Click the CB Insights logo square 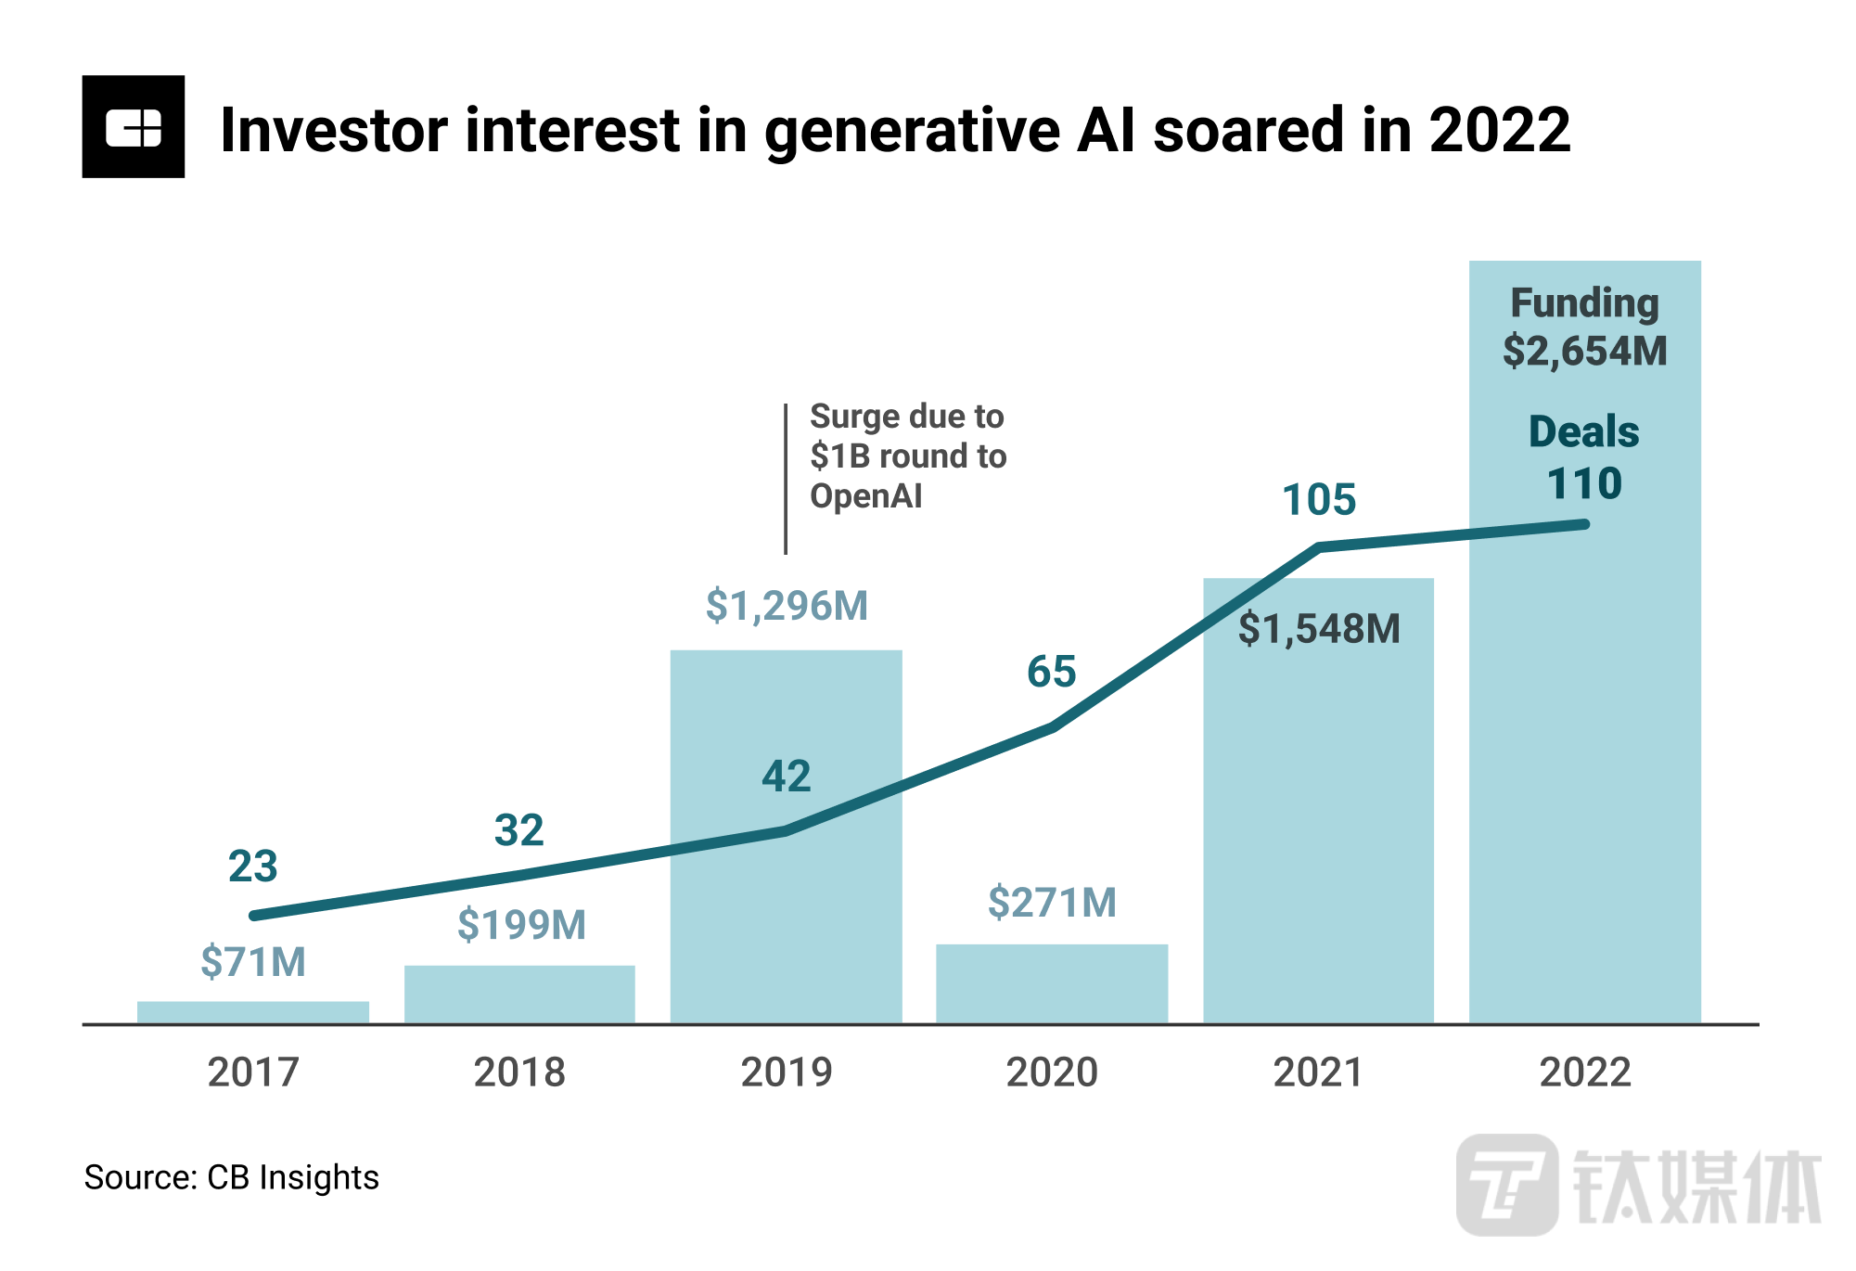(133, 126)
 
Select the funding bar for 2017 (252, 1012)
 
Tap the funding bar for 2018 (519, 995)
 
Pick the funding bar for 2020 (1051, 983)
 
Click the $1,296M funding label (787, 606)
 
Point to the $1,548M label (1319, 629)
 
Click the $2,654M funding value (1584, 351)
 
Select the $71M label (252, 962)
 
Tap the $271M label (1052, 903)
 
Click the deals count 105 (1318, 500)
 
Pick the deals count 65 (1051, 672)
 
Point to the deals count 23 (252, 867)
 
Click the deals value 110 (1584, 483)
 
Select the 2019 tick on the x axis (787, 1072)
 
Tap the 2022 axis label (1584, 1072)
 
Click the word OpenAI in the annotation (865, 496)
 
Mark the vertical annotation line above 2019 (786, 479)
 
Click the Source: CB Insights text (231, 1177)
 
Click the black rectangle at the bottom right (1637, 1185)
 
